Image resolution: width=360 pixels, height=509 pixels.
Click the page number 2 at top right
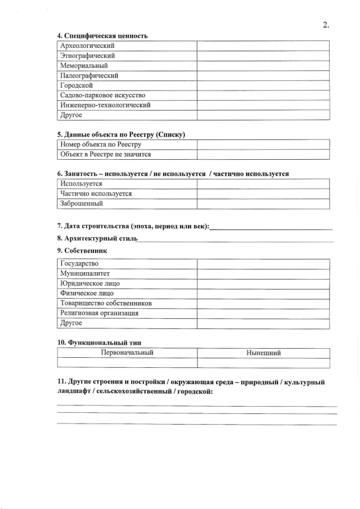pos(326,24)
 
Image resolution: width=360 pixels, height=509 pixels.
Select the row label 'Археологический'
pos(87,46)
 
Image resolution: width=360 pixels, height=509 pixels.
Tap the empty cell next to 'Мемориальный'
pos(263,66)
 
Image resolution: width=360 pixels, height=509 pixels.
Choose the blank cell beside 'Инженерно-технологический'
pos(263,105)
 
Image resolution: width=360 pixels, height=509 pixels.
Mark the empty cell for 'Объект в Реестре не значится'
pos(263,154)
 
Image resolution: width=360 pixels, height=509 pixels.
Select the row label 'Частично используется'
pos(96,193)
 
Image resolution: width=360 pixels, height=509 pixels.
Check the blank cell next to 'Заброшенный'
pos(263,204)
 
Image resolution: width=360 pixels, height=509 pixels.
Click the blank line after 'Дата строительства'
pos(271,227)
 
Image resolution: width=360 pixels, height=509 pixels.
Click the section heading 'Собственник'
pos(85,250)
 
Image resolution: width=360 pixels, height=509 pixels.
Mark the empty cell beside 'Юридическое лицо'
pos(263,283)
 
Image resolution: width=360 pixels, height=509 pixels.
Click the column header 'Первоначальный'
pos(127,353)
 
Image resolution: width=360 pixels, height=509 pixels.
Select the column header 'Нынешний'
pos(263,353)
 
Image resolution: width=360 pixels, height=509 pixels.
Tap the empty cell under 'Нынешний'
pos(263,363)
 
